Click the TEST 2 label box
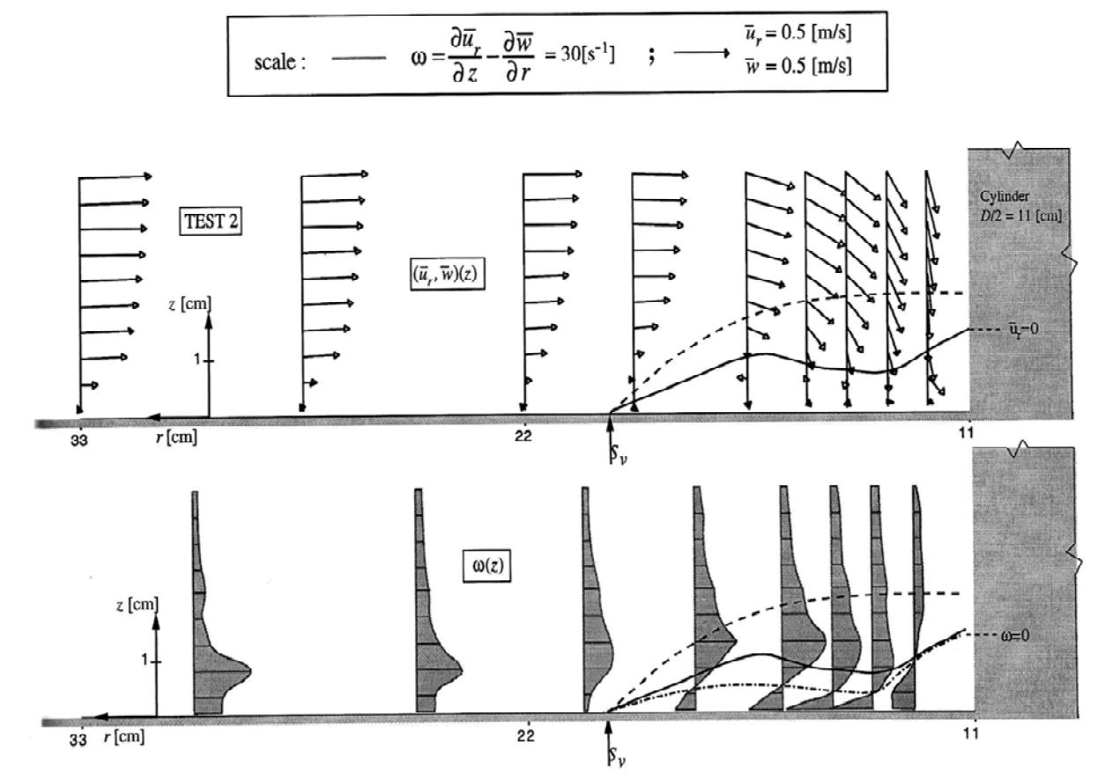coord(211,221)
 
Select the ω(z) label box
coord(487,565)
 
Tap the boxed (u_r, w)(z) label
coord(447,274)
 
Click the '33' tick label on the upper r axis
coord(79,440)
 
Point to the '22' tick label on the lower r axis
coord(525,735)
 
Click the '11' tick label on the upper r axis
coord(967,432)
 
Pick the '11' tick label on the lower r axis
coord(970,733)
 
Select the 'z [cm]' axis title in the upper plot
coord(189,303)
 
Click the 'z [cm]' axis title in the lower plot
coord(137,605)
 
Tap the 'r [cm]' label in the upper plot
coord(176,438)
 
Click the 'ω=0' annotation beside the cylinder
coord(1015,635)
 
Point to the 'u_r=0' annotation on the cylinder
coord(1023,328)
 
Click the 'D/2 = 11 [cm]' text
coord(1020,216)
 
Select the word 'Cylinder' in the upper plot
coord(1004,196)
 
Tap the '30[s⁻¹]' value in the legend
coord(588,53)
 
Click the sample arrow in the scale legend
coord(702,53)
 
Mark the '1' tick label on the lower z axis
coord(145,660)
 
